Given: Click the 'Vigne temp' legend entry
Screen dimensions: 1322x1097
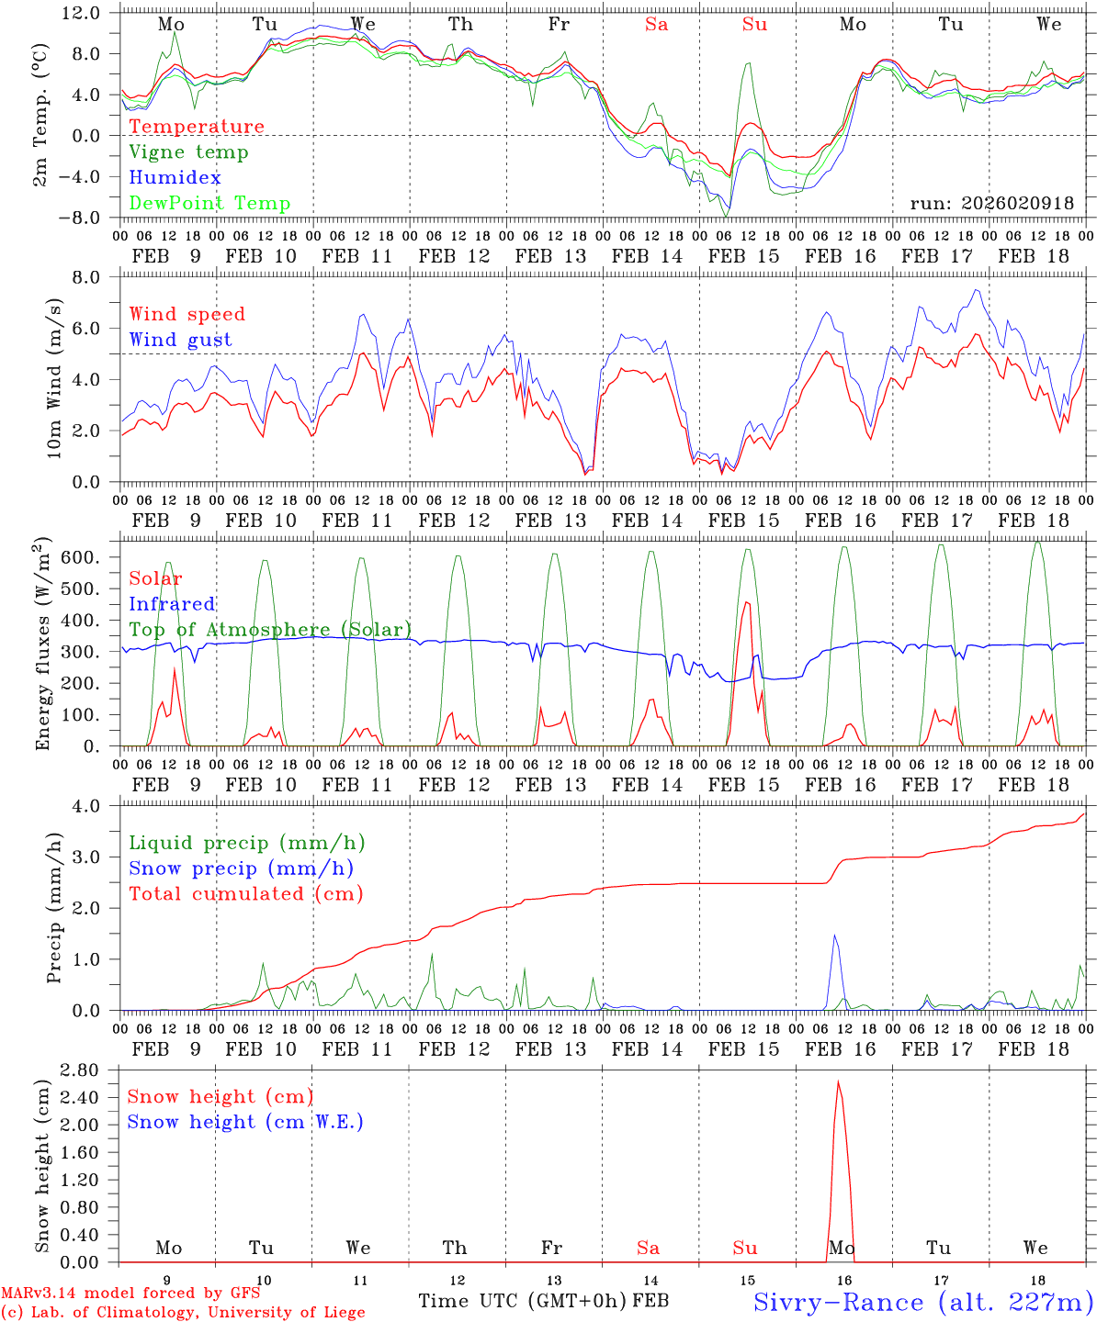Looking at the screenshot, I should point(188,152).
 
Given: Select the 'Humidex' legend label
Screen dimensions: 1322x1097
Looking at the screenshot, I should point(175,178).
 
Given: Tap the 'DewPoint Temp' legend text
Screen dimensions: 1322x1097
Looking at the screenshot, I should point(209,204).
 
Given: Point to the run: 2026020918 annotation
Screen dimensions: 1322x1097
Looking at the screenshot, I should point(991,204).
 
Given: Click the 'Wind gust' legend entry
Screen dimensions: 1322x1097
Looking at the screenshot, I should point(180,340).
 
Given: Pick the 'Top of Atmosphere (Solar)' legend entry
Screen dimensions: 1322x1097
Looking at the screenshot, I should point(270,630).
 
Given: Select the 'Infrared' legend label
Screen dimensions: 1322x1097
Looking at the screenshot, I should point(172,604).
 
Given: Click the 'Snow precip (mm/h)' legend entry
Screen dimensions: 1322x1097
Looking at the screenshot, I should point(241,868).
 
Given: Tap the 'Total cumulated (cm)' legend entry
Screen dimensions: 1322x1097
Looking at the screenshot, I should point(245,894).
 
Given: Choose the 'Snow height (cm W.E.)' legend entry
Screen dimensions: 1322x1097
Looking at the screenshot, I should point(245,1122).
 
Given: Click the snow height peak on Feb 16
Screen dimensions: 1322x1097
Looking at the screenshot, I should point(838,1081).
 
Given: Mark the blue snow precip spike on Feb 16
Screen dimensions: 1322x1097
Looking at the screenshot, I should point(834,935).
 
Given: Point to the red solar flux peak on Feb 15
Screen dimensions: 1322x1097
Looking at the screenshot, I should point(747,602).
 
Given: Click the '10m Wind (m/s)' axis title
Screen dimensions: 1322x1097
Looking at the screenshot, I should point(54,378).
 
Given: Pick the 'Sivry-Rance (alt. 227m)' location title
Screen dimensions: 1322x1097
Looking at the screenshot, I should point(922,1302).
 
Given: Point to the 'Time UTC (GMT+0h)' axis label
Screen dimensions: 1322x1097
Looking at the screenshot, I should point(523,1301).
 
